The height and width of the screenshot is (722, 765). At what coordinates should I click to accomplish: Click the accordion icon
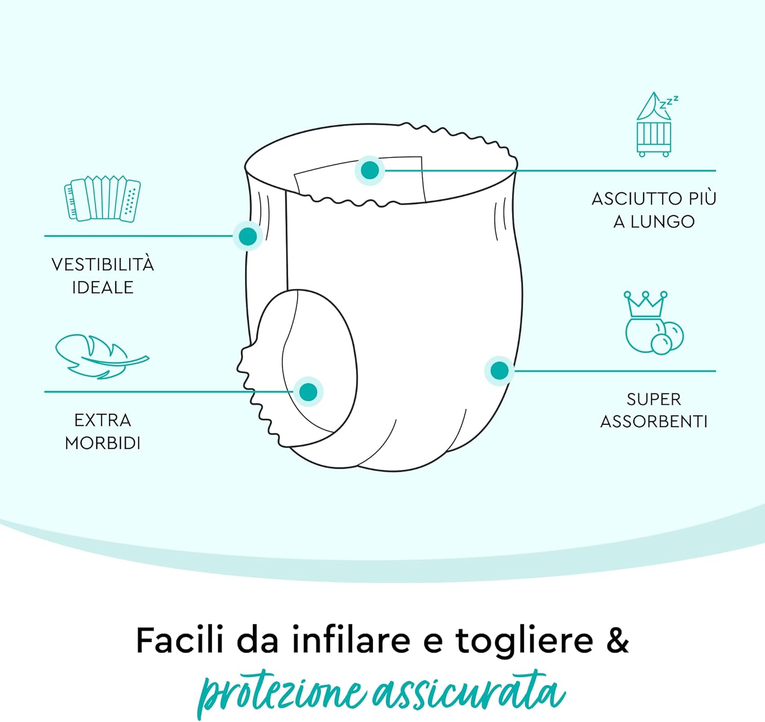click(x=102, y=199)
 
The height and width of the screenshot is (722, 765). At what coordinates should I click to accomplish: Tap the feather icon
click(x=102, y=356)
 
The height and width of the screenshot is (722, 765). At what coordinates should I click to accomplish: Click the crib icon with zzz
click(x=655, y=124)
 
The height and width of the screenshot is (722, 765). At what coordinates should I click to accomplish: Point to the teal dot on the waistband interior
click(x=370, y=170)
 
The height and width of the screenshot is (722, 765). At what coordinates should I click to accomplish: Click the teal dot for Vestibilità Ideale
click(x=248, y=236)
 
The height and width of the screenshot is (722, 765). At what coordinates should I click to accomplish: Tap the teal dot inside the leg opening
click(x=308, y=392)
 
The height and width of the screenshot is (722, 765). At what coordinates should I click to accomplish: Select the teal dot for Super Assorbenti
click(x=500, y=371)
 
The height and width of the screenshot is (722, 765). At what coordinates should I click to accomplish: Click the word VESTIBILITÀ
click(x=103, y=265)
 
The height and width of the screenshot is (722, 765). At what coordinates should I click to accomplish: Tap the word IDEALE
click(x=103, y=288)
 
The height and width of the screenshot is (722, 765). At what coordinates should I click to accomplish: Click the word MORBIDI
click(x=103, y=443)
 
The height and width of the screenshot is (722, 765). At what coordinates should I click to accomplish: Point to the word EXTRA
click(x=103, y=420)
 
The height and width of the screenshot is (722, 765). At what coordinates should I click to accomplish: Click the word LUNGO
click(x=662, y=222)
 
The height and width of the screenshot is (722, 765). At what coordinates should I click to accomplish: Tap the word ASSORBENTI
click(x=654, y=422)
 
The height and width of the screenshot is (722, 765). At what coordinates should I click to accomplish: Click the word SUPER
click(x=654, y=399)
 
